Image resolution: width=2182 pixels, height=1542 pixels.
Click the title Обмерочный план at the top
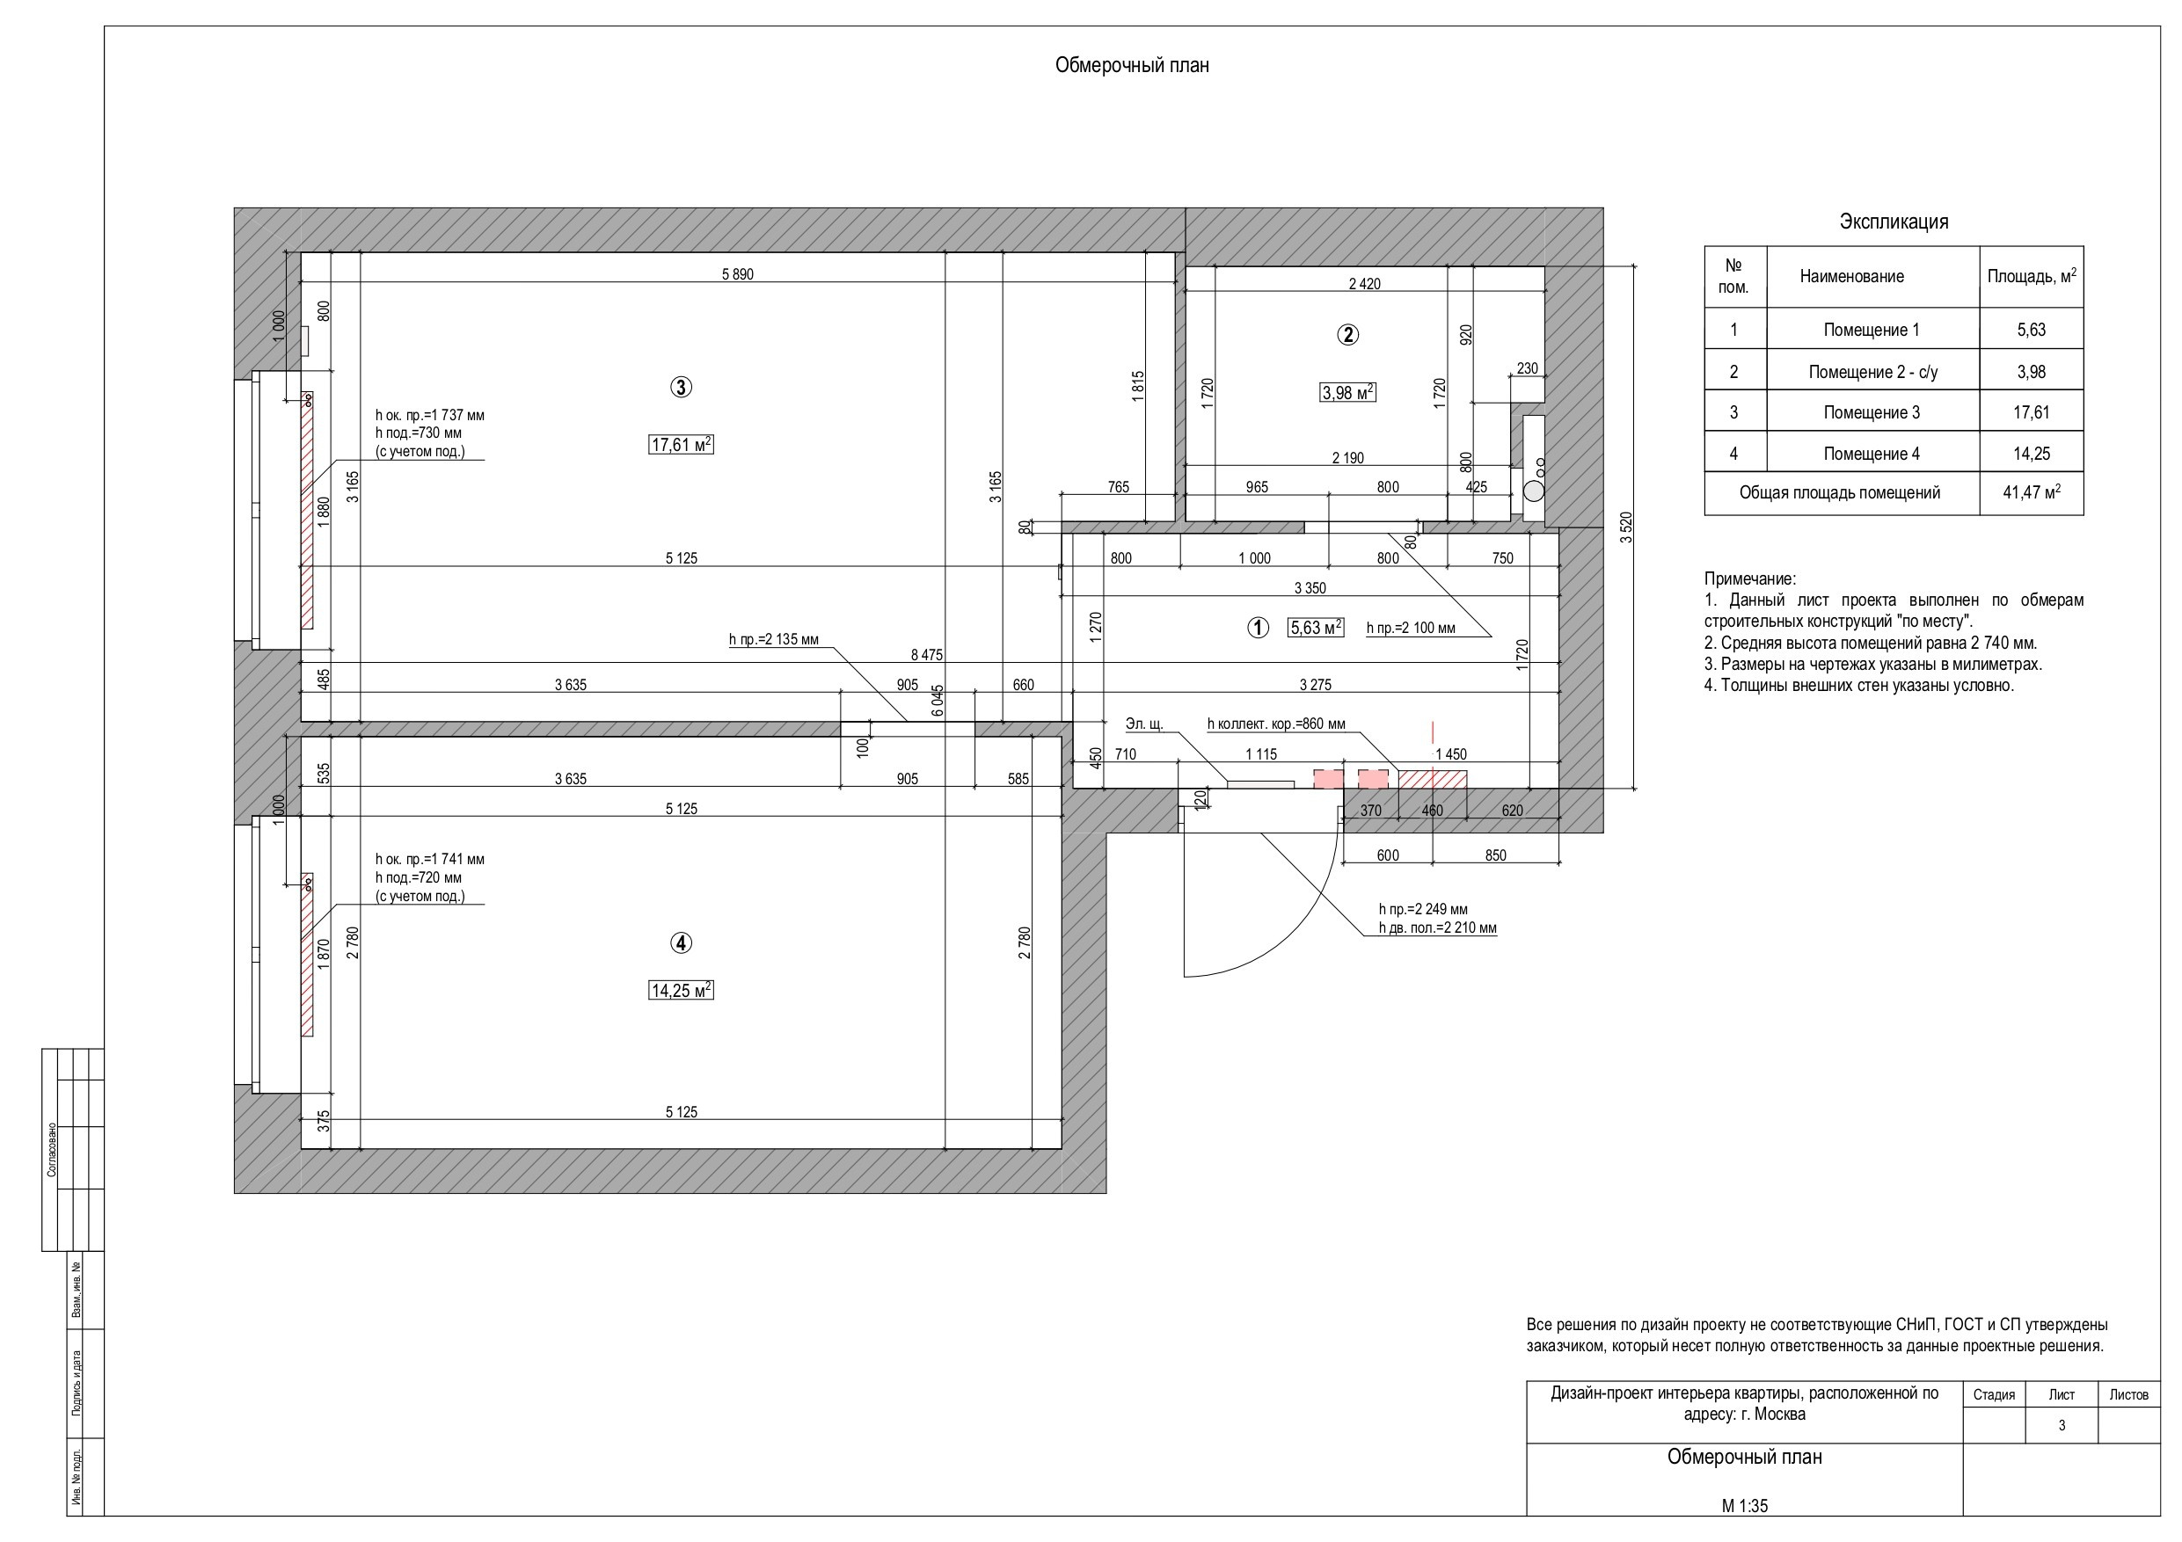[1132, 66]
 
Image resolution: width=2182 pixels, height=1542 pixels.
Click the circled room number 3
[681, 387]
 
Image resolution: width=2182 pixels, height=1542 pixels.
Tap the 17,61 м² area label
[682, 444]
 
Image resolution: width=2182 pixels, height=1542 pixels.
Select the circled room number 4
[681, 942]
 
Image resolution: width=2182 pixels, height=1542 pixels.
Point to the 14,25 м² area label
[682, 990]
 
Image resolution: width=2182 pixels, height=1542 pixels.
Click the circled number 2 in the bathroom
[1347, 334]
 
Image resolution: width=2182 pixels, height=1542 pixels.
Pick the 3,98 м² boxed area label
[1347, 391]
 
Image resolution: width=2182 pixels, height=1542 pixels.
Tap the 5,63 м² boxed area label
[1316, 627]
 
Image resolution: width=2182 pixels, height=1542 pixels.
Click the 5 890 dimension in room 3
[738, 274]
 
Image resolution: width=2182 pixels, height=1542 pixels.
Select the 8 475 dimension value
[927, 655]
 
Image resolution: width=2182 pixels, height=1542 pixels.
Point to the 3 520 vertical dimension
[1626, 527]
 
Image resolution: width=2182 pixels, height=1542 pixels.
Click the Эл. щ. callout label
[1144, 724]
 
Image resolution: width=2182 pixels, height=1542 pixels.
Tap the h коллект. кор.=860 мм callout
[1276, 724]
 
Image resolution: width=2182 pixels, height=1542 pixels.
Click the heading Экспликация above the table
[1894, 222]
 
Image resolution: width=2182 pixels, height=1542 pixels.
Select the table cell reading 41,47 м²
[2032, 493]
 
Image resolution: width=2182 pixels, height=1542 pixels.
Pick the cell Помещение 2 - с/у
[1872, 373]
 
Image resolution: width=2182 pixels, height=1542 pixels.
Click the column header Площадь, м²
[2032, 276]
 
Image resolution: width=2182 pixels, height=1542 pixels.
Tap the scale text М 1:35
[1745, 1506]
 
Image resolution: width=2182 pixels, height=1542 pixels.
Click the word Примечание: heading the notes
[1750, 578]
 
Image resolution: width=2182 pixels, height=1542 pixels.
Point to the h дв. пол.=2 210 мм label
[1437, 927]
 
